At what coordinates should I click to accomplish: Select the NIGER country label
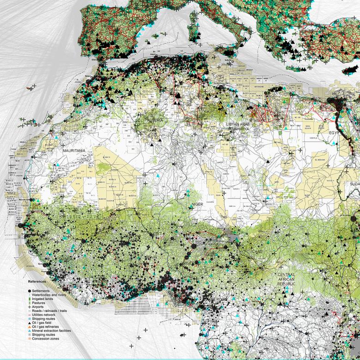click(x=198, y=204)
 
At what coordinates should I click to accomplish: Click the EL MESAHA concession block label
click(x=320, y=160)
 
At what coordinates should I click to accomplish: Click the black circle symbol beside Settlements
click(x=30, y=290)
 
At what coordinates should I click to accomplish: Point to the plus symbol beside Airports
click(x=30, y=307)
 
